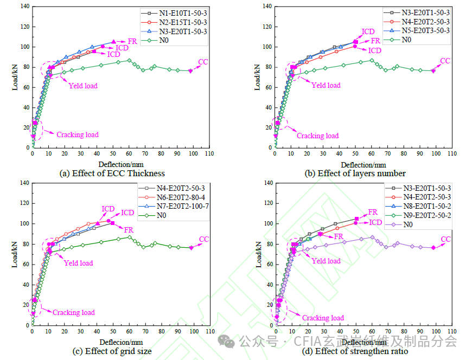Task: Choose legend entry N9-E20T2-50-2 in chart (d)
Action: (426, 215)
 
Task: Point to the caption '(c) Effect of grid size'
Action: (112, 351)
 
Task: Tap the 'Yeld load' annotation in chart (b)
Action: (326, 85)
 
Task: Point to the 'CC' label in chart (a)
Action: (203, 61)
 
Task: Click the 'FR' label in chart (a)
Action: (132, 41)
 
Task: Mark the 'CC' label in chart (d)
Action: (445, 239)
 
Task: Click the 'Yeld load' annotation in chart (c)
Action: (78, 263)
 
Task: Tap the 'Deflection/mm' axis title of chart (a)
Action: (120, 164)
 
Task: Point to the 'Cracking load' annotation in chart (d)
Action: (323, 318)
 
